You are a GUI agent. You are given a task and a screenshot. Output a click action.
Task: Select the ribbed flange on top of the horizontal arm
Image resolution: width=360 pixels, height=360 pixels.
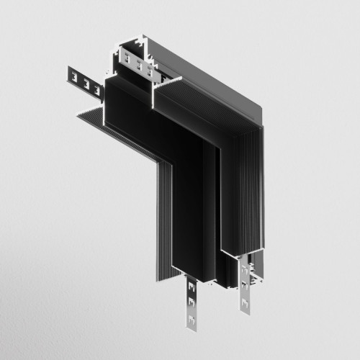[x=187, y=94]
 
